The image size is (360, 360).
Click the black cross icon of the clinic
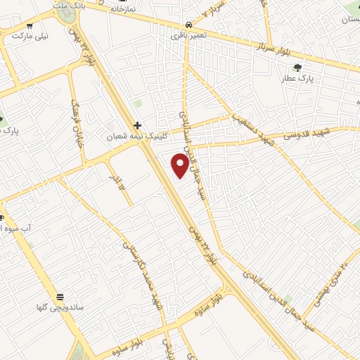click(137, 125)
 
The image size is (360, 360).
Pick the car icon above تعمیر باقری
click(186, 23)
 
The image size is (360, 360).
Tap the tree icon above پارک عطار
click(298, 67)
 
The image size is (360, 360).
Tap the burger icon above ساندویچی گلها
click(60, 297)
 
